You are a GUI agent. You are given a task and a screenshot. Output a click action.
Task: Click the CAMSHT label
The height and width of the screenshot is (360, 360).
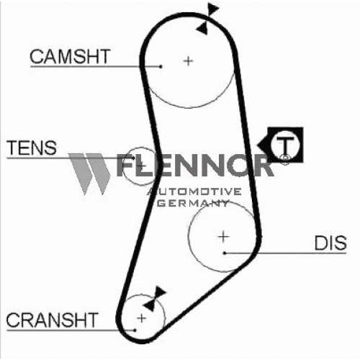70,56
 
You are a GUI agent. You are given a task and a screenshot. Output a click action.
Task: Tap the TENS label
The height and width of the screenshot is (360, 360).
32,148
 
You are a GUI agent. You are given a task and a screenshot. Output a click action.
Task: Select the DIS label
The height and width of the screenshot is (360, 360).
330,243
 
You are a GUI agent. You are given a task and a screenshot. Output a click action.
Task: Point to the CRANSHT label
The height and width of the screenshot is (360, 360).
52,320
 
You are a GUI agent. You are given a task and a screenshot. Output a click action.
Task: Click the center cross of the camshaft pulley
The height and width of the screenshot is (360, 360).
189,61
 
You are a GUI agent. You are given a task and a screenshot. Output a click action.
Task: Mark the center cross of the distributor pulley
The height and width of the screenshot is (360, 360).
223,237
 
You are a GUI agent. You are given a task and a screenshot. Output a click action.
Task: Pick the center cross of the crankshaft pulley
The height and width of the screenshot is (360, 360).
142,318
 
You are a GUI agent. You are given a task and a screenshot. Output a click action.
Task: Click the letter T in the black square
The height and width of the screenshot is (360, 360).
285,145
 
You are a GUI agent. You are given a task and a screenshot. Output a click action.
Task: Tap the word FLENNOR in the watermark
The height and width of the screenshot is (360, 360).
194,165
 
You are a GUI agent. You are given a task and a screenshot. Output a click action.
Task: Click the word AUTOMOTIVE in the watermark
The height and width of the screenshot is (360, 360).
194,192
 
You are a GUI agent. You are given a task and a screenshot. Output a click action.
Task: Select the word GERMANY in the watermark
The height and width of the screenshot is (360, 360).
194,204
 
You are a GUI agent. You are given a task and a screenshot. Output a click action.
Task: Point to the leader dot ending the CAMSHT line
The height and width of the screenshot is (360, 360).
161,66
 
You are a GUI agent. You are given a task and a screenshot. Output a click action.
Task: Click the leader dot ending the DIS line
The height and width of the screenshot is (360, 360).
225,253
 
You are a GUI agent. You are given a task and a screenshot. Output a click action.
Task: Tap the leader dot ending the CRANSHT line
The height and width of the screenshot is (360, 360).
135,330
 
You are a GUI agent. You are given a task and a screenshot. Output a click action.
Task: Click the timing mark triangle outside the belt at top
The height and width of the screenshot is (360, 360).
212,9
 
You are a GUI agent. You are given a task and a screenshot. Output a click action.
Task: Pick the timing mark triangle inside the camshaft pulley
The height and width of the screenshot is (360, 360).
202,29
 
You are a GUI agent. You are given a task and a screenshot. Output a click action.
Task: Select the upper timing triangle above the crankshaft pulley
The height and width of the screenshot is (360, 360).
160,292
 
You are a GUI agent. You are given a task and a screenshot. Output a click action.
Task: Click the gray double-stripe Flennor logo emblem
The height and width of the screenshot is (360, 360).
89,174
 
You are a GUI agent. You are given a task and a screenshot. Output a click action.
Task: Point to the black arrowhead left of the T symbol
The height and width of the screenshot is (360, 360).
263,145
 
